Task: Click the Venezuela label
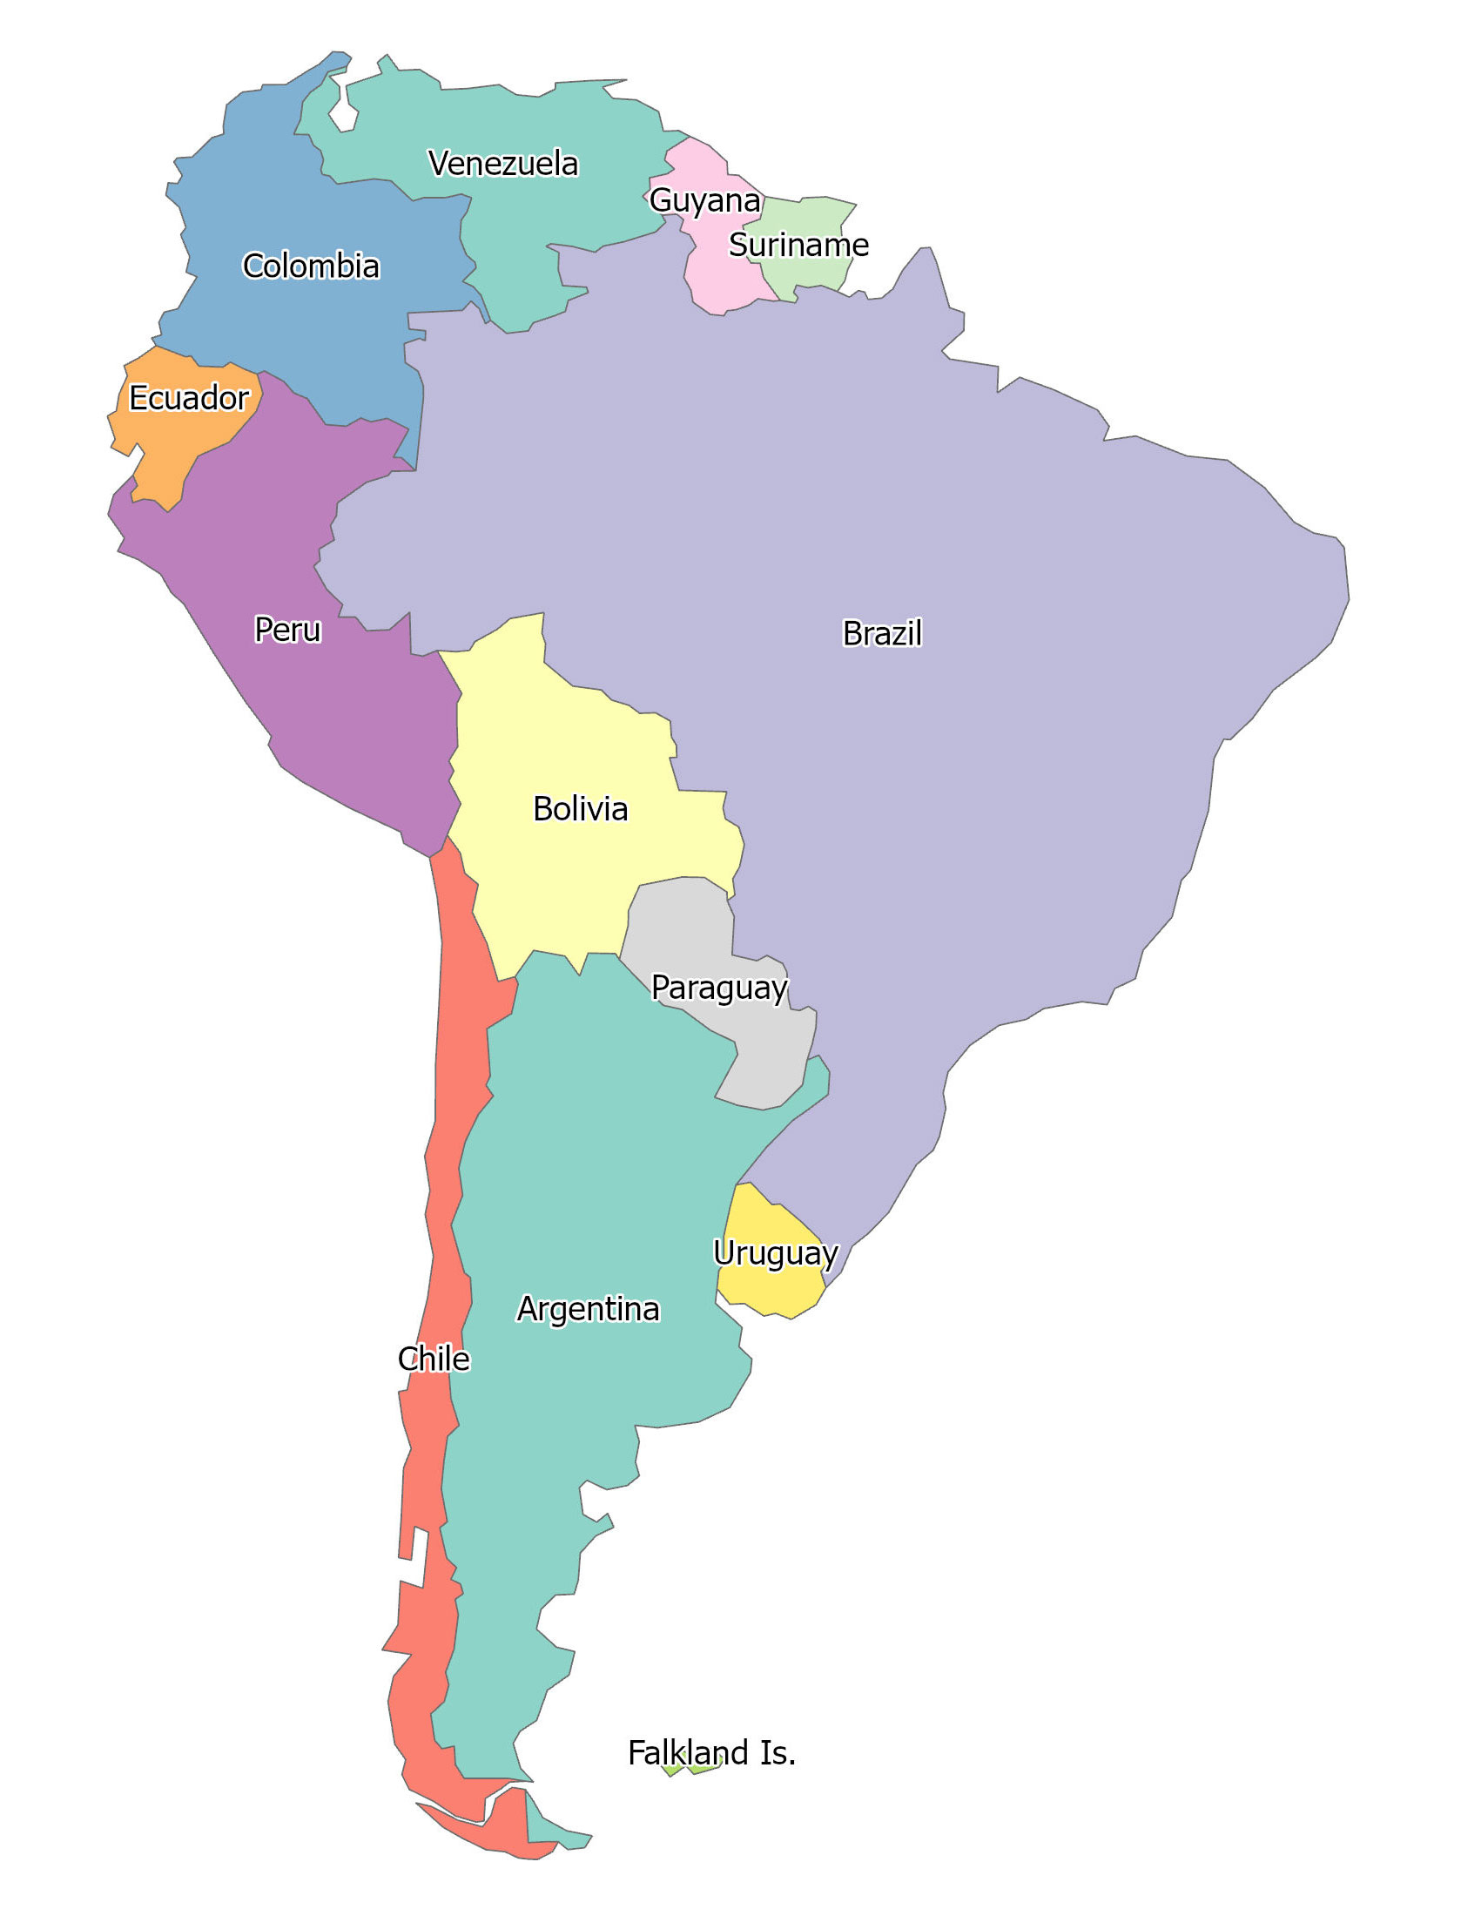point(503,164)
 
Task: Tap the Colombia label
point(311,266)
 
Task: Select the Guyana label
point(704,200)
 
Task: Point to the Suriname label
point(798,245)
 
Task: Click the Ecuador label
point(189,398)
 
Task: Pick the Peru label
point(287,629)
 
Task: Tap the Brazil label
point(882,633)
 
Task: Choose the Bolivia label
point(580,808)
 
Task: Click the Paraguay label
point(719,988)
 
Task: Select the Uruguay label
point(775,1252)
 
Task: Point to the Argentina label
point(589,1309)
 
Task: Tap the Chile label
point(434,1359)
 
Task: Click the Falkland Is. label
point(711,1752)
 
